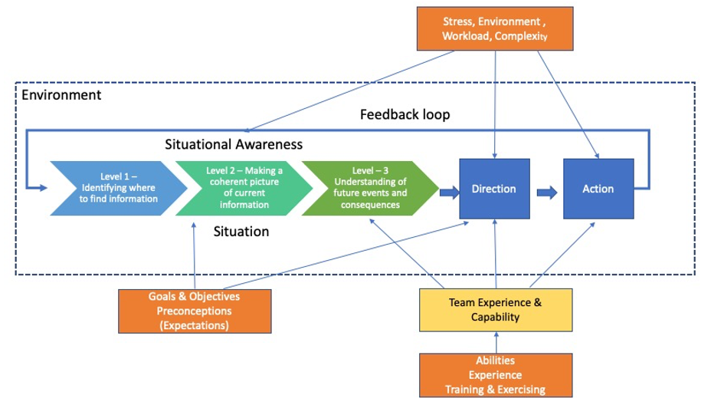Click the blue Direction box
point(494,189)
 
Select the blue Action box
point(598,189)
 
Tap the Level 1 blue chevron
point(118,188)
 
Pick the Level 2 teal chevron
point(244,188)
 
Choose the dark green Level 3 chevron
point(370,188)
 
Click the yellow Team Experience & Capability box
point(496,310)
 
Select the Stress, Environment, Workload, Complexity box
point(495,28)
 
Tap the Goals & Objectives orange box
point(195,311)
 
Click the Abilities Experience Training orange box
point(496,376)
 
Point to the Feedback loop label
point(405,114)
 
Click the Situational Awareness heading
point(234,144)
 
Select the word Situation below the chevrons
point(241,232)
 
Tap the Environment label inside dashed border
point(61,95)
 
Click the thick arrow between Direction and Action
point(547,193)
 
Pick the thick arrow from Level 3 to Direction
point(450,193)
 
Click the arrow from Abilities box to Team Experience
point(496,343)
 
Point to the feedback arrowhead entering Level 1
point(43,187)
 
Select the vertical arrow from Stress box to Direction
point(495,104)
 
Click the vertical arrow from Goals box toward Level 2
point(194,255)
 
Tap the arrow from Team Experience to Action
point(562,255)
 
